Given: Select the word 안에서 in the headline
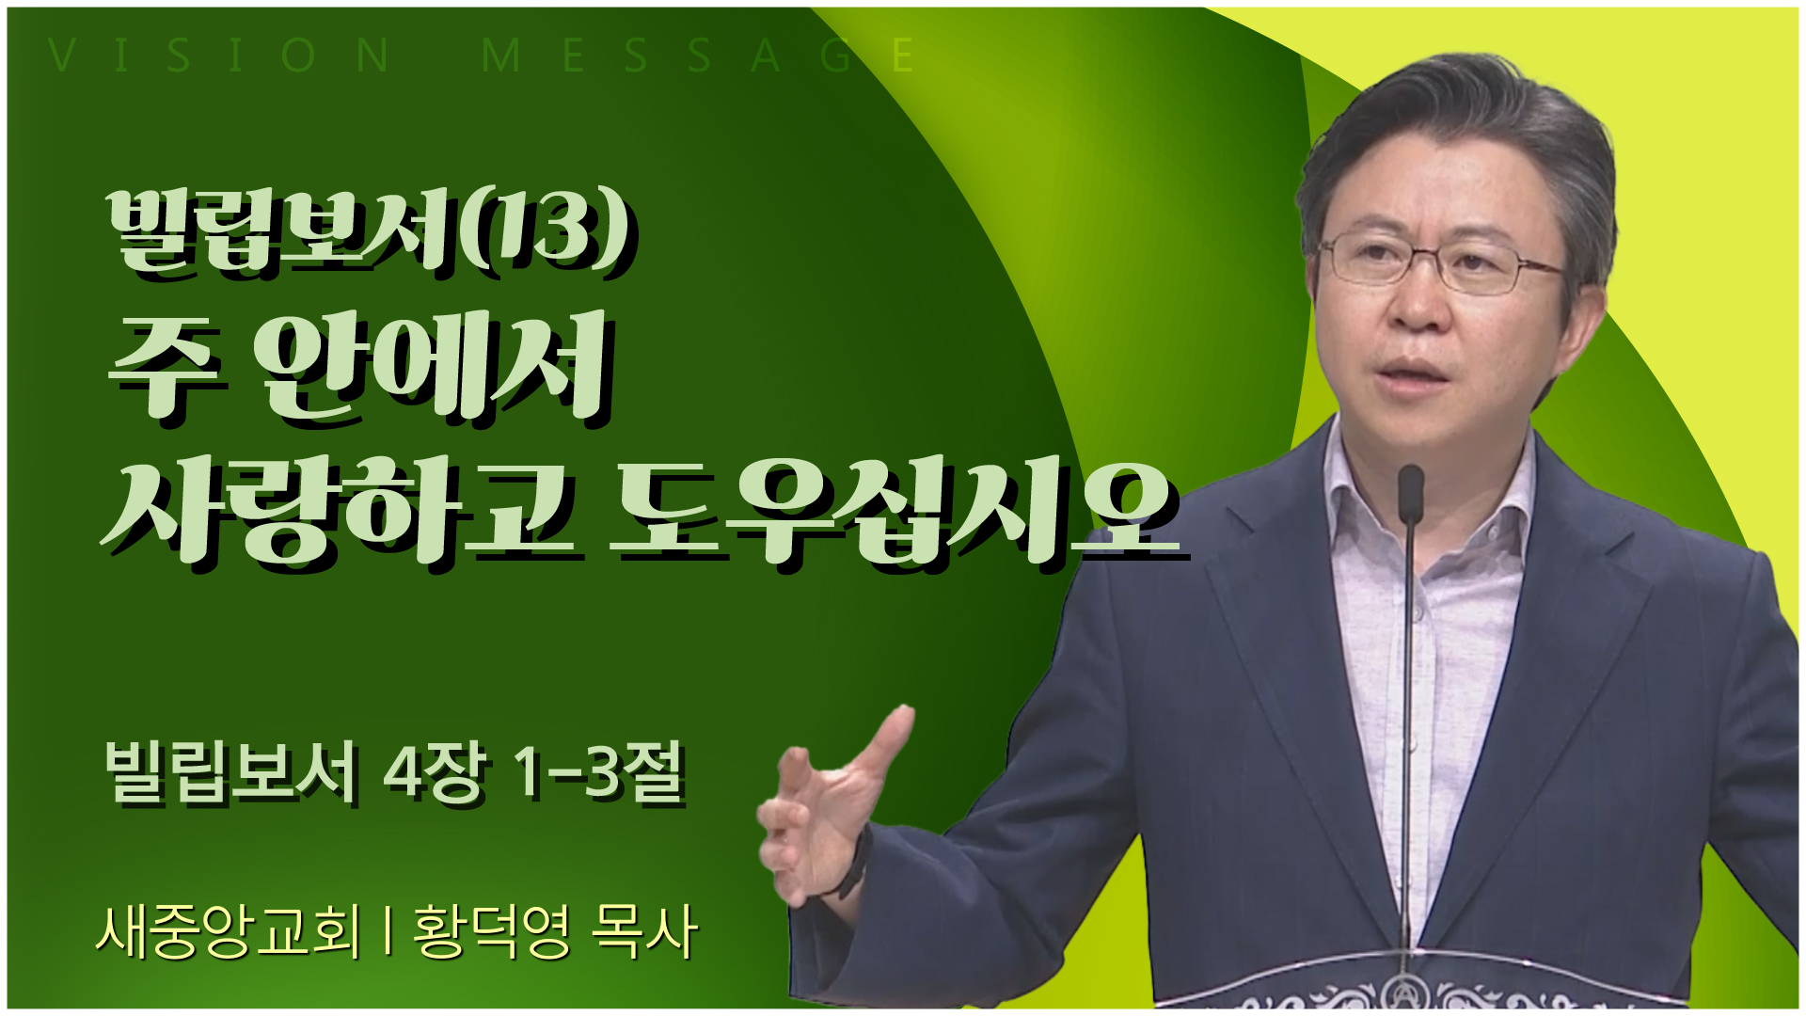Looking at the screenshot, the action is (436, 369).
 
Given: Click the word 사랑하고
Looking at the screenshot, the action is (339, 513).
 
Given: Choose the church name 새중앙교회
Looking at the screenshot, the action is (229, 931).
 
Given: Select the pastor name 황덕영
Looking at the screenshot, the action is (491, 931).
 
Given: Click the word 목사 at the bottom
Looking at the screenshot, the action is (645, 931).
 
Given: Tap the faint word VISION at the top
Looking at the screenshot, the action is (219, 56).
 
